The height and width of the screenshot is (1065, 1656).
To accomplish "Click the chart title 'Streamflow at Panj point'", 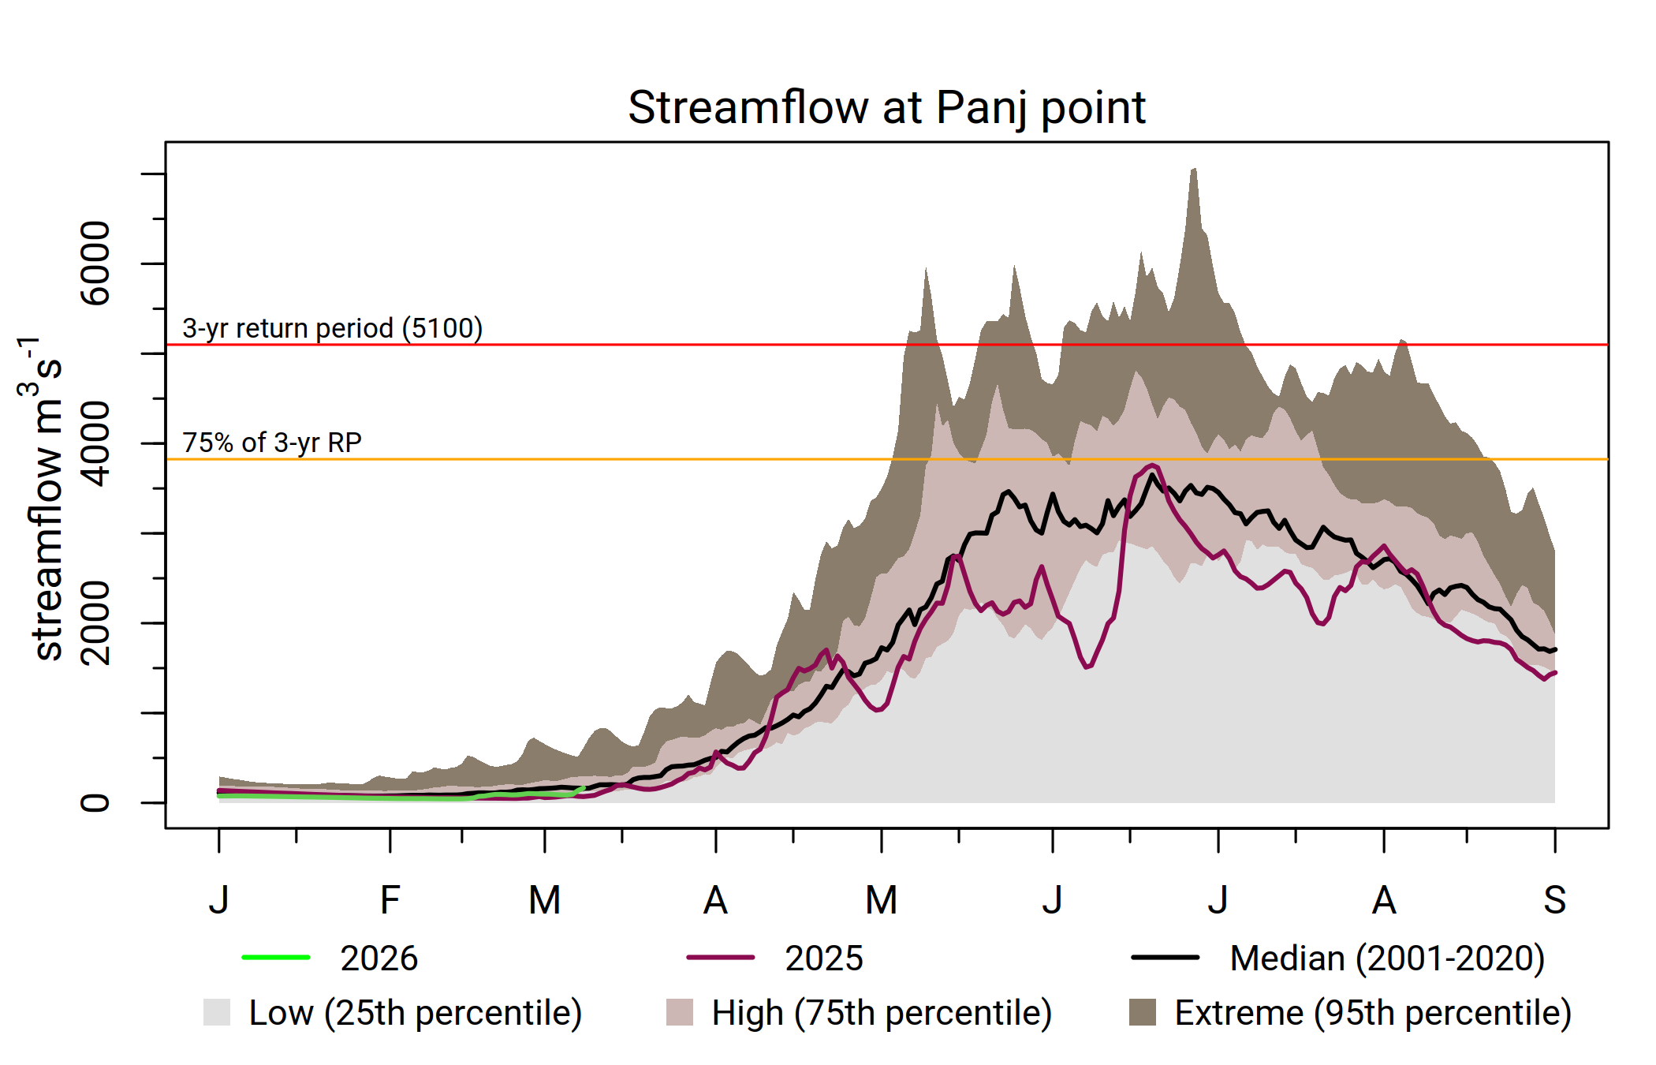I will (886, 107).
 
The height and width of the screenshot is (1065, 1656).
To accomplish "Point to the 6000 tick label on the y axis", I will (95, 263).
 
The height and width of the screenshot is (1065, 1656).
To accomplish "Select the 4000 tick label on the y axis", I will (95, 443).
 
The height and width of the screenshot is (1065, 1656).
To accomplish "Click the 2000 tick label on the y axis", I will (95, 623).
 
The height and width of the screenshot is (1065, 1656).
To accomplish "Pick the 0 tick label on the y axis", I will (95, 803).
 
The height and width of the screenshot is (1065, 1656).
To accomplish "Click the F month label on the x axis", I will (390, 900).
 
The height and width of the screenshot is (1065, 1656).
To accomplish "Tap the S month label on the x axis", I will (1554, 900).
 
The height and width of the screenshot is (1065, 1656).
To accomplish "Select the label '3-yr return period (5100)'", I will (332, 328).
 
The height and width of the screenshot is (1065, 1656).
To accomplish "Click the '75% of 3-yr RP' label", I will (272, 443).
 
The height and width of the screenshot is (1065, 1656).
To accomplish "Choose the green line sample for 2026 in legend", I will (276, 958).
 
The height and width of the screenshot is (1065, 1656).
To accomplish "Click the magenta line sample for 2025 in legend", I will (721, 958).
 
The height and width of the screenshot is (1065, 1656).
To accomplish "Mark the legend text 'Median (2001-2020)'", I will (1386, 958).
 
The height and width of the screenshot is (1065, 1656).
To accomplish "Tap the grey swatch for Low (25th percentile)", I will (217, 1012).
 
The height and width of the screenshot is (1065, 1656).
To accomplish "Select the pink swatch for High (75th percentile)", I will (680, 1012).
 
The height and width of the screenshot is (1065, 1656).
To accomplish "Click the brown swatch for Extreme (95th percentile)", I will (1143, 1012).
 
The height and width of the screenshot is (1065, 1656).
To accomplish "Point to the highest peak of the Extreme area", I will (1195, 169).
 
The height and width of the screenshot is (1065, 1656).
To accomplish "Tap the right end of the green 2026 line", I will (584, 787).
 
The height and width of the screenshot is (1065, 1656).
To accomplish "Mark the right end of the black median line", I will (1555, 650).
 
